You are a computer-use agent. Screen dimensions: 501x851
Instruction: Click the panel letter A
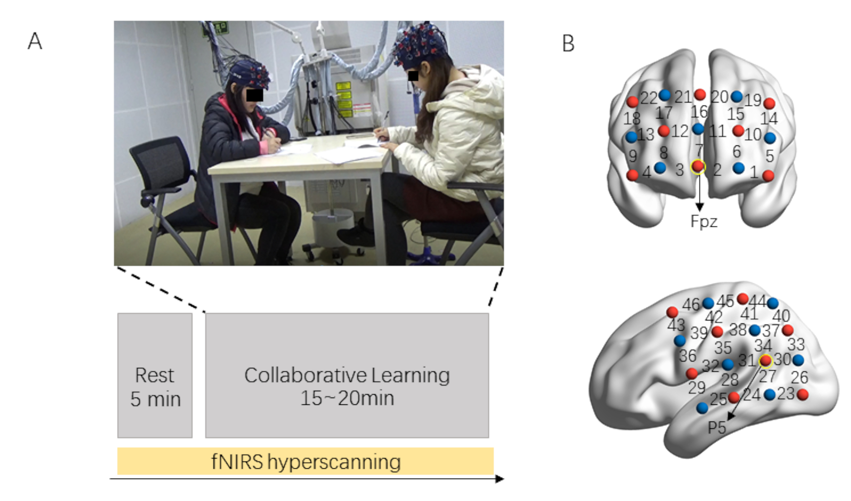[x=35, y=41]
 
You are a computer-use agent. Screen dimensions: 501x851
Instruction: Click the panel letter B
[x=568, y=43]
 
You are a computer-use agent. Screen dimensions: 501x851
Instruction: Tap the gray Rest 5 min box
[x=155, y=375]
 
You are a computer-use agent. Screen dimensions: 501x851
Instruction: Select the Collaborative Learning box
[x=347, y=375]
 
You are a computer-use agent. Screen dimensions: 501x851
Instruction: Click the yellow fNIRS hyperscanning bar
[x=305, y=461]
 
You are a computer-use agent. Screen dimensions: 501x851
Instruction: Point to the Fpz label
[x=704, y=221]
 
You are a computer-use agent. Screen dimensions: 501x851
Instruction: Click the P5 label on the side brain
[x=717, y=428]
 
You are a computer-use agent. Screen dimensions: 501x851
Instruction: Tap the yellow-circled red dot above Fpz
[x=698, y=166]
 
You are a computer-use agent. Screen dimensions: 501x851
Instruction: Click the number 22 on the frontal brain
[x=648, y=98]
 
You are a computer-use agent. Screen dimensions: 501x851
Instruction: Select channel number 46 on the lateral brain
[x=691, y=304]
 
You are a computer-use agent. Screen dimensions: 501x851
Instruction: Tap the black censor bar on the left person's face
[x=254, y=95]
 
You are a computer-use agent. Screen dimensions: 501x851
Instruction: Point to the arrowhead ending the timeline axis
[x=500, y=479]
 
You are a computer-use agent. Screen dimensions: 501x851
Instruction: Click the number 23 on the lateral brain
[x=786, y=394]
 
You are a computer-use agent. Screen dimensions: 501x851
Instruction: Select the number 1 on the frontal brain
[x=754, y=172]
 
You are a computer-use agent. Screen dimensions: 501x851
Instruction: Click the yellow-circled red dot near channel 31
[x=766, y=361]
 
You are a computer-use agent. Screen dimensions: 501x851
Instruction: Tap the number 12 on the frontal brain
[x=679, y=131]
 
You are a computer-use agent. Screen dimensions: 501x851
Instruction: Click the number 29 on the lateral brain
[x=696, y=387]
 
